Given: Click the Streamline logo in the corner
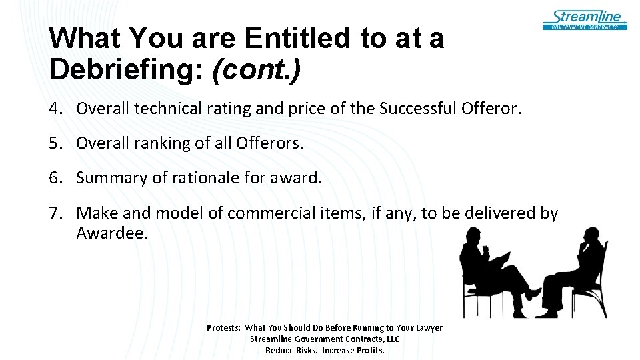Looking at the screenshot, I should pyautogui.click(x=585, y=19).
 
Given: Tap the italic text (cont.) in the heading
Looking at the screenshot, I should pyautogui.click(x=256, y=69).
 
